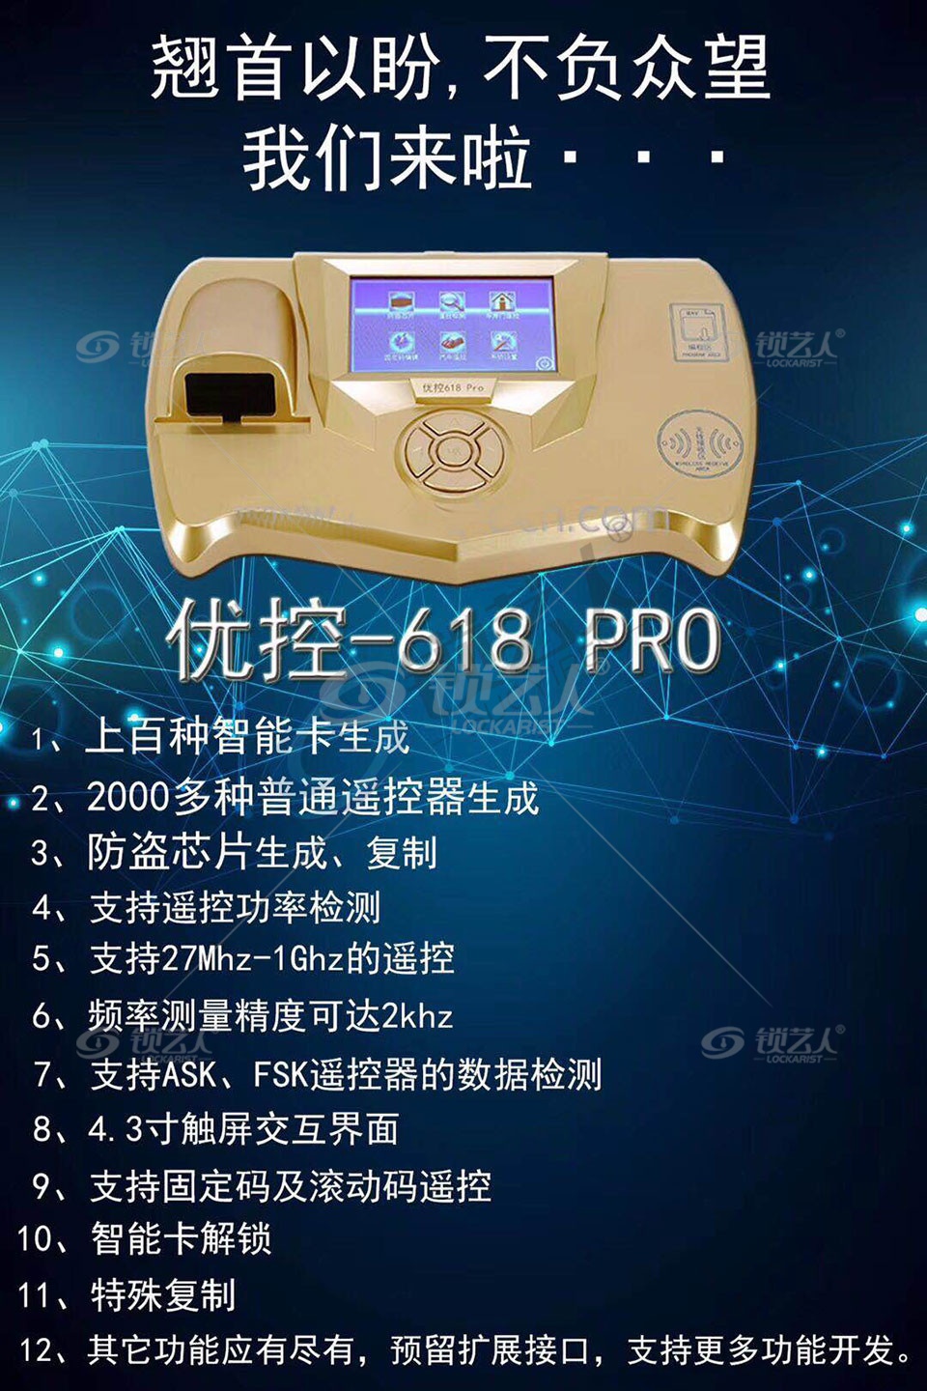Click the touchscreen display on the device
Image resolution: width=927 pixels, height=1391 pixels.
(x=453, y=325)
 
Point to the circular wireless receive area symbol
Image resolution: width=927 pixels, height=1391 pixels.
(x=699, y=443)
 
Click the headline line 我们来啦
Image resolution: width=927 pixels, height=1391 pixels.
(x=387, y=159)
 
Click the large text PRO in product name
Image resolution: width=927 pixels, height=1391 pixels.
(x=653, y=639)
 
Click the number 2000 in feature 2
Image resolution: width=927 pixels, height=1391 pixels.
(x=127, y=798)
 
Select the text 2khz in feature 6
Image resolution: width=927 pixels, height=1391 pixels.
(x=417, y=1015)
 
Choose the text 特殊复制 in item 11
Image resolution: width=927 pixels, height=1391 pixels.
(x=163, y=1295)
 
